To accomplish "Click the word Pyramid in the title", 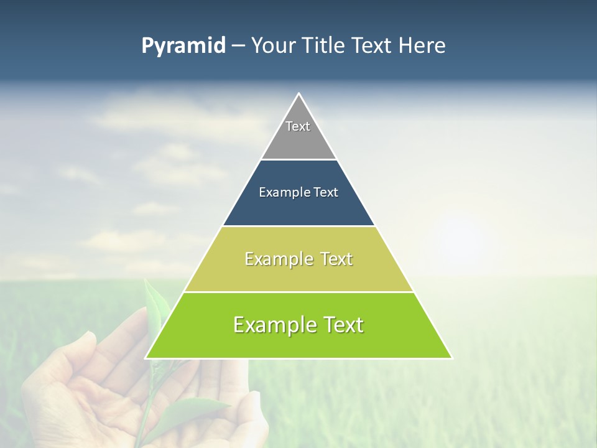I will click(183, 46).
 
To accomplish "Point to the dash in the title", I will click(238, 46).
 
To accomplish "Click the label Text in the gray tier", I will click(298, 126).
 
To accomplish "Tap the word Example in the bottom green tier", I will click(274, 325).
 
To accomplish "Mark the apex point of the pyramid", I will click(299, 94).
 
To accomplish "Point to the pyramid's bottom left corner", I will click(146, 358).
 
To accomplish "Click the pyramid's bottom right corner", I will click(451, 358).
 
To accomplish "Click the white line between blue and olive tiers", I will click(298, 226).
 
